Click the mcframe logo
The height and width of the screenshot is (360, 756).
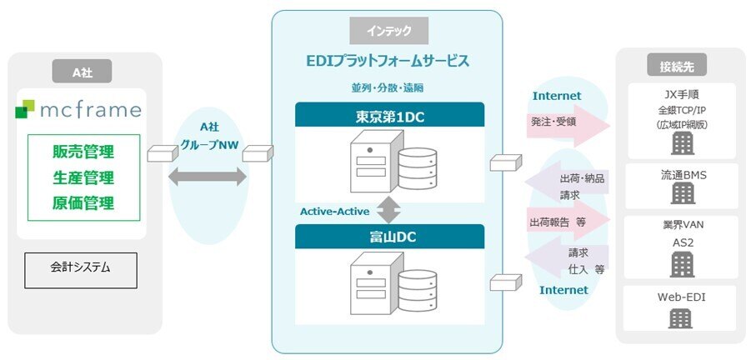(78, 110)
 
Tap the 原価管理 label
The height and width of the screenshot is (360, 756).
(83, 202)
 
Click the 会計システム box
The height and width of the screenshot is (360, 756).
(80, 269)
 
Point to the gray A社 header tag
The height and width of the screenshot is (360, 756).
(82, 72)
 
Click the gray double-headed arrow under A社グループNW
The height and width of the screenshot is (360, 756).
(208, 176)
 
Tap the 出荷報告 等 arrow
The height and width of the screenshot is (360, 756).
(568, 222)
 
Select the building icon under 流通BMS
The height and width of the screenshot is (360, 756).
(683, 194)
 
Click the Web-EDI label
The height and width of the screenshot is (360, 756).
(683, 296)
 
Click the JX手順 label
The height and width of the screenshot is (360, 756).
(683, 94)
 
